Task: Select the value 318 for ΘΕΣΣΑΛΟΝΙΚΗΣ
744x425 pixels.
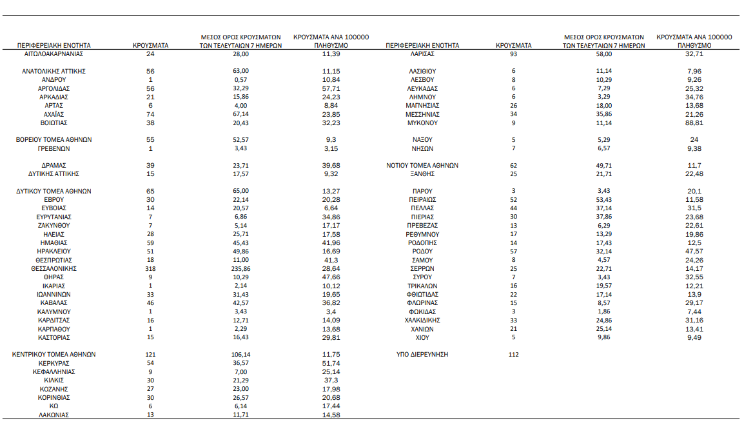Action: click(150, 268)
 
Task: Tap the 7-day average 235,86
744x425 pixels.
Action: click(240, 268)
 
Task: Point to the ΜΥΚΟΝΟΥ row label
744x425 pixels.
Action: click(422, 123)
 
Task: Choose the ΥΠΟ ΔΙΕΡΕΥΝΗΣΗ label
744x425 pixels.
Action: click(422, 355)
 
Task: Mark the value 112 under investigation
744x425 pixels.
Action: click(513, 355)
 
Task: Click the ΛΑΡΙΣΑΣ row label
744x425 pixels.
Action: click(422, 55)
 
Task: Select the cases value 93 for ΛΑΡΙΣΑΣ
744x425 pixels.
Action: click(513, 55)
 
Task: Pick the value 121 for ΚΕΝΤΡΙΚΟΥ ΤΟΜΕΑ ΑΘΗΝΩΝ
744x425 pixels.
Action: click(150, 355)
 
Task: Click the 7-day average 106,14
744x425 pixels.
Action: click(240, 355)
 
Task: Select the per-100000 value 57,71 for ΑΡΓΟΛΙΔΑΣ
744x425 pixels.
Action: click(331, 88)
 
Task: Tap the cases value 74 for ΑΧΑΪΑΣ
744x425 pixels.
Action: click(150, 114)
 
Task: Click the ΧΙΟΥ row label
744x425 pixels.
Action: click(422, 337)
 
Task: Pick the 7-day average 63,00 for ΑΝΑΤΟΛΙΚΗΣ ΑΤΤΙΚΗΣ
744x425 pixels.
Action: click(240, 71)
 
